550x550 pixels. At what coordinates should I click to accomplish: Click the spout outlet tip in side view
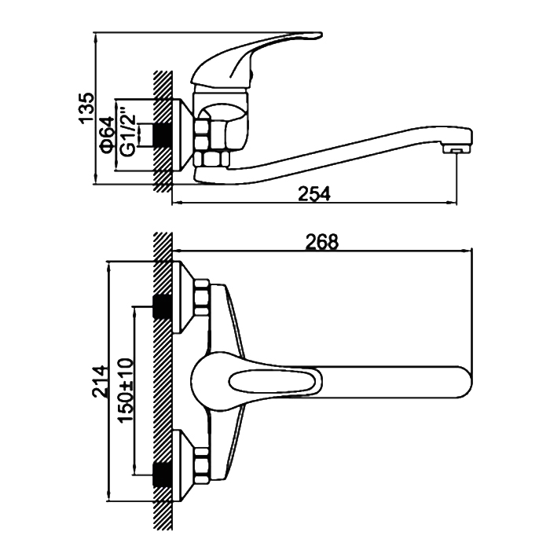(453, 149)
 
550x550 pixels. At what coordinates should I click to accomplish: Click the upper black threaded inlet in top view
(163, 305)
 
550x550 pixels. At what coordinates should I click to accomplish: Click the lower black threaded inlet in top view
(163, 471)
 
